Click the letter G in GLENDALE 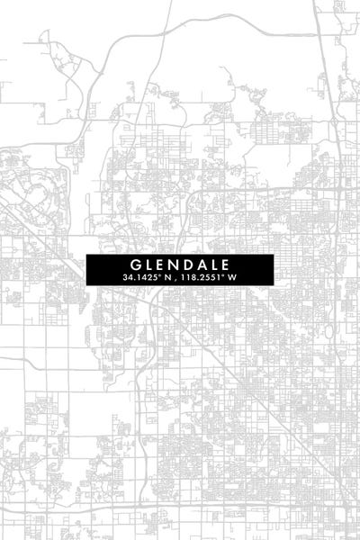coord(135,265)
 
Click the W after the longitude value coord(232,278)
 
